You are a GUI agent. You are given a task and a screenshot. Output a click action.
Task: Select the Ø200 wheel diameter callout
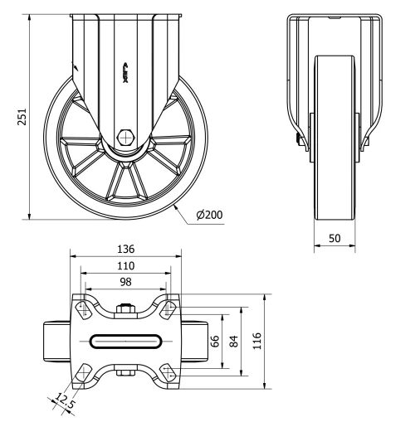coord(209,214)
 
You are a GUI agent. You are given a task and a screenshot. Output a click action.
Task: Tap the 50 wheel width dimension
coord(334,238)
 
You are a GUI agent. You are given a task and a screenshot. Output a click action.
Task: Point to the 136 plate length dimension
coord(125,249)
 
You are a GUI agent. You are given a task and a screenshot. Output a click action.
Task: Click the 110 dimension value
coord(125,265)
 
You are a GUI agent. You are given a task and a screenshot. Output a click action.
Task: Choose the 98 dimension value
coord(125,282)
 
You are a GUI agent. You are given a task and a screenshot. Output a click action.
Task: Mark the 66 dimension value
coord(215,341)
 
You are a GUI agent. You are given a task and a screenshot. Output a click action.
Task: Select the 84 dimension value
coord(234,341)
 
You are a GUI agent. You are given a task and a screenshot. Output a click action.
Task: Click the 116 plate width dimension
coord(257,340)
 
